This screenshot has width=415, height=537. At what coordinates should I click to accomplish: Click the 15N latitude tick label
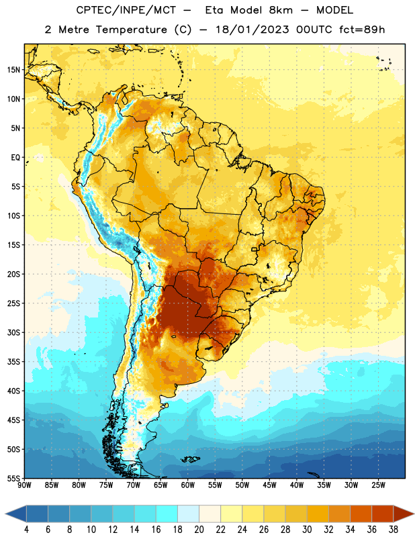(13, 70)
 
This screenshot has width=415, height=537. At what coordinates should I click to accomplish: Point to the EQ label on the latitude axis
(15, 158)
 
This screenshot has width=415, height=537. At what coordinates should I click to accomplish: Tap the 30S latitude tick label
(13, 332)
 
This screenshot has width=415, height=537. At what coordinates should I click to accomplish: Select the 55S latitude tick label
(13, 479)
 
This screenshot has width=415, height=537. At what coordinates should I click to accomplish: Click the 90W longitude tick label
(24, 485)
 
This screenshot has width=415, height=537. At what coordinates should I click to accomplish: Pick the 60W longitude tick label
(188, 485)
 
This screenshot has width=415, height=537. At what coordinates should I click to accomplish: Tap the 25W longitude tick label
(378, 485)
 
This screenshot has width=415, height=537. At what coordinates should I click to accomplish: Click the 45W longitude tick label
(269, 485)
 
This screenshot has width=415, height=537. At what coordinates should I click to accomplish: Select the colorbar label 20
(199, 530)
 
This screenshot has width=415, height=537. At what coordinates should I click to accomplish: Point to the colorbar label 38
(394, 530)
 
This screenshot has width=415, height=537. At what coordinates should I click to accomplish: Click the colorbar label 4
(26, 530)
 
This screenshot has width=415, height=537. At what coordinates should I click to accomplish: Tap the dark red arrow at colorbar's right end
(404, 514)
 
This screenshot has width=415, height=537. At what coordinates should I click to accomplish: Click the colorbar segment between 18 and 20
(189, 514)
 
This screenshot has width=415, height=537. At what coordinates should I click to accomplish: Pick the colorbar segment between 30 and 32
(318, 514)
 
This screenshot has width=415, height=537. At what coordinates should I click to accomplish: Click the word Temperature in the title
(131, 30)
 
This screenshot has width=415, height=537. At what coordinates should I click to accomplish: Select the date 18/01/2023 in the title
(252, 30)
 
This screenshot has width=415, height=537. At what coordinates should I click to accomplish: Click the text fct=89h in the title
(362, 30)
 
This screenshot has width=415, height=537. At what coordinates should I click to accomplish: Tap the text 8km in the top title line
(281, 10)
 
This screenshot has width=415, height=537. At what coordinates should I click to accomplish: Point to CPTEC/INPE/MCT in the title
(126, 10)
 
